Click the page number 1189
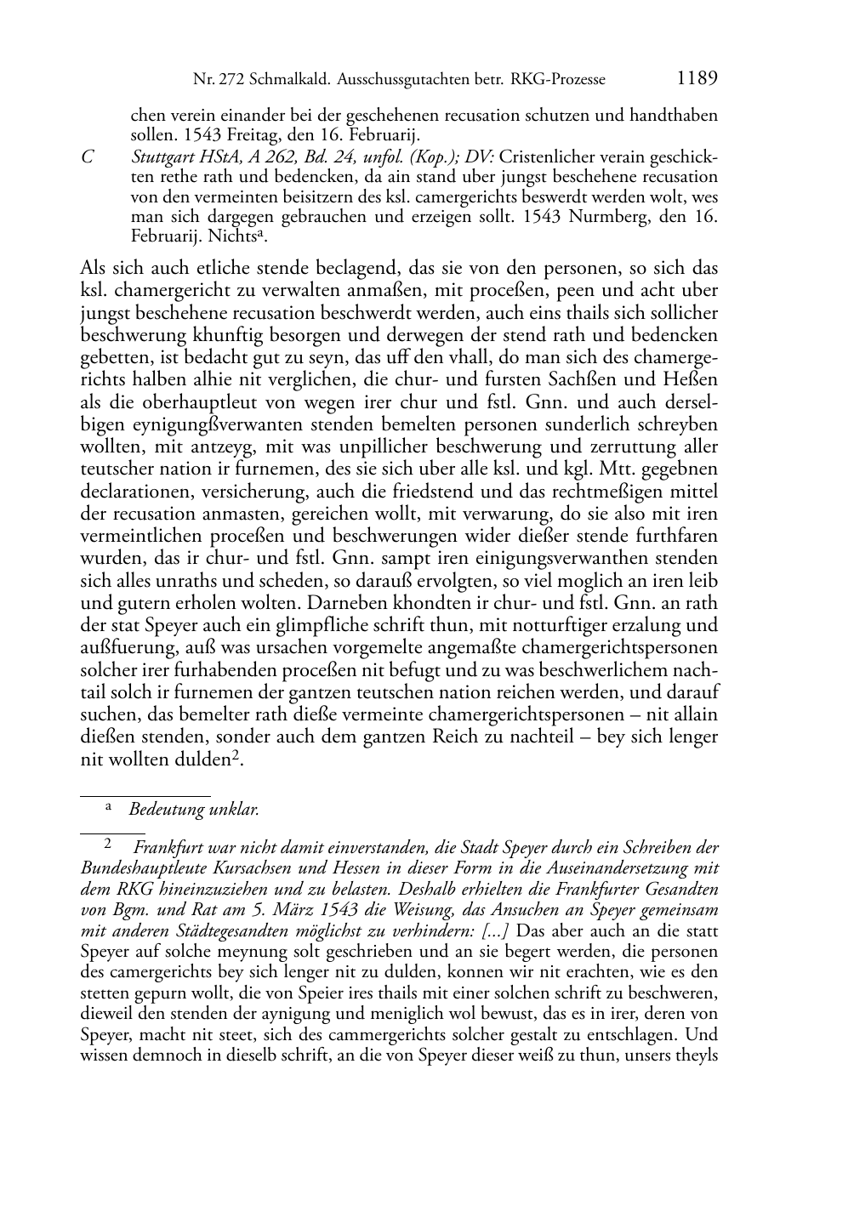coord(697,79)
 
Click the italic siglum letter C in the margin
coord(86,157)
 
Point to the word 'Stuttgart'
coord(162,157)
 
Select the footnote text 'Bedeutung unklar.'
coord(194,810)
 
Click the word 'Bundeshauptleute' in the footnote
coord(142,869)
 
